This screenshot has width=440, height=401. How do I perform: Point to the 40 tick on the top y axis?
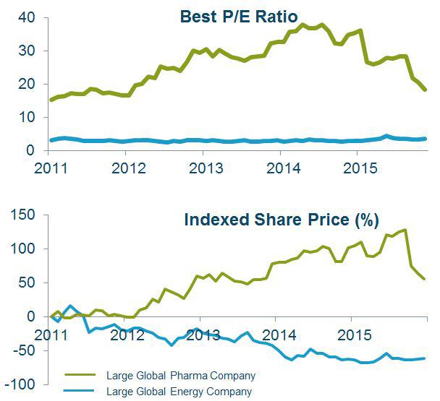tap(27, 17)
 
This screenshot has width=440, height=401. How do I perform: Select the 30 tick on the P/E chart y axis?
tap(27, 51)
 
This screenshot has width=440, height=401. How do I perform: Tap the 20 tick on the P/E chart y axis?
tap(27, 84)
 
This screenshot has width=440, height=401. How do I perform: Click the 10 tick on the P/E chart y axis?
tap(27, 117)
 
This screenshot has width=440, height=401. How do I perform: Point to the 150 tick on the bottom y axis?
tap(22, 215)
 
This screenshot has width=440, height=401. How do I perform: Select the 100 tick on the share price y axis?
tap(22, 249)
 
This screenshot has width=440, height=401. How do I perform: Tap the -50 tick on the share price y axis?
tap(21, 350)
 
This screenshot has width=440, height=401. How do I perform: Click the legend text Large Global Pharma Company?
tap(181, 376)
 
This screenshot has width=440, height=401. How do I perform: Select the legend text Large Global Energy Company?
tap(179, 392)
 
